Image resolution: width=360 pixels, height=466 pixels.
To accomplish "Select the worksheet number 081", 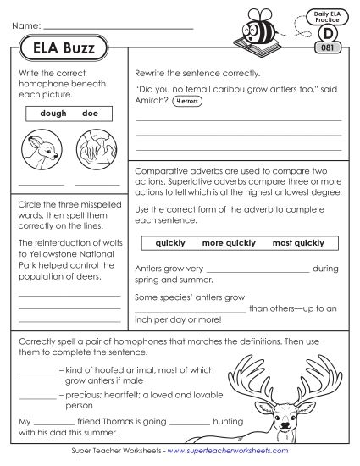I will pos(326,49).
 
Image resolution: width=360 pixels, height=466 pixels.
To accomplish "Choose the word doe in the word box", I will pos(91,113).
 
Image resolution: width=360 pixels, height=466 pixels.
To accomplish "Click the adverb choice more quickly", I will pos(229,243).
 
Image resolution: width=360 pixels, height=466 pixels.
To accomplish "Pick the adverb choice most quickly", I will pos(298,243).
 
